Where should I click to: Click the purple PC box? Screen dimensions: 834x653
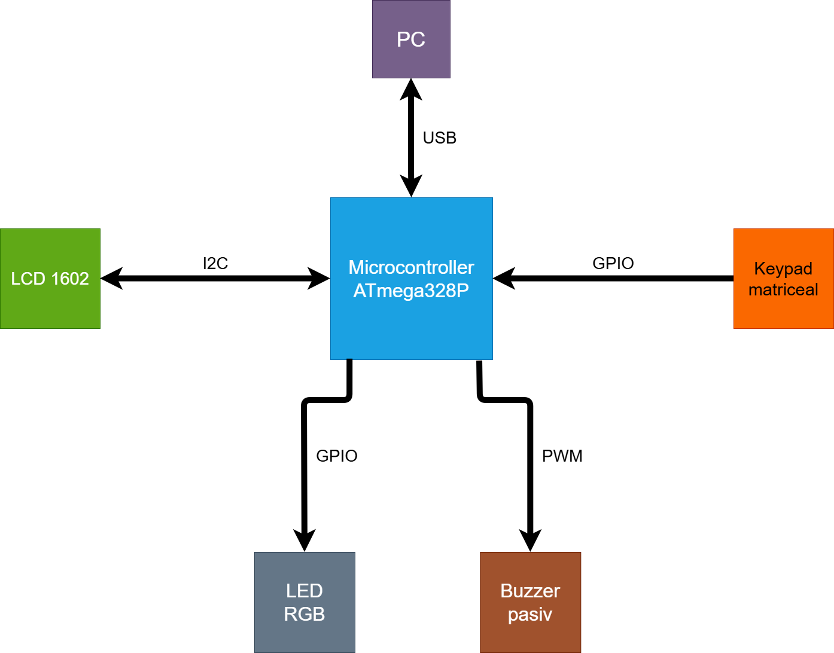coord(411,39)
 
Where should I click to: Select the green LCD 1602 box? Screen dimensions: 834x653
coord(50,279)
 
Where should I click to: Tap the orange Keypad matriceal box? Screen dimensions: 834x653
coord(784,279)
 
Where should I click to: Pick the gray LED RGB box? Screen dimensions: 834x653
coord(305,602)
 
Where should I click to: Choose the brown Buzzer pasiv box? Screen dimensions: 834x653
coord(531,602)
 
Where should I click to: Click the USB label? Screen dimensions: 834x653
coord(440,138)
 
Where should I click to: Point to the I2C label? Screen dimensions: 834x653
coord(215,264)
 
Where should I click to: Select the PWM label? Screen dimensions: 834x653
coord(562,456)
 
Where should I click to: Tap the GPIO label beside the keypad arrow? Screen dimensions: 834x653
coord(613,264)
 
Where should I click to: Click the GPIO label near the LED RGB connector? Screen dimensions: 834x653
coord(337,456)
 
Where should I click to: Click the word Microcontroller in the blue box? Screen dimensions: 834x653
coord(411,267)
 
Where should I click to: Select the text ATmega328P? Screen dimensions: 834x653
coord(411,291)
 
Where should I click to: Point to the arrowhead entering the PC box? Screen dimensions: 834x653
coord(411,89)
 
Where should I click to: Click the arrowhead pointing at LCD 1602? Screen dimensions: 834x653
coord(111,279)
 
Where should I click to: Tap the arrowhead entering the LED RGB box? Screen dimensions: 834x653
coord(305,541)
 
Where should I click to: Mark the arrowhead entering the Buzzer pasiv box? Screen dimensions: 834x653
coord(530,541)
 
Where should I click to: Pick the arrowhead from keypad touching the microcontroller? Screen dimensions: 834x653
coord(504,279)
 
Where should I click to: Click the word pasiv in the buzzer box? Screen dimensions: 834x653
coord(530,615)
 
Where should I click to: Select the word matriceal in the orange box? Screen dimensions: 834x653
coord(783,289)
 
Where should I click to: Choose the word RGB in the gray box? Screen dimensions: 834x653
coord(305,614)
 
